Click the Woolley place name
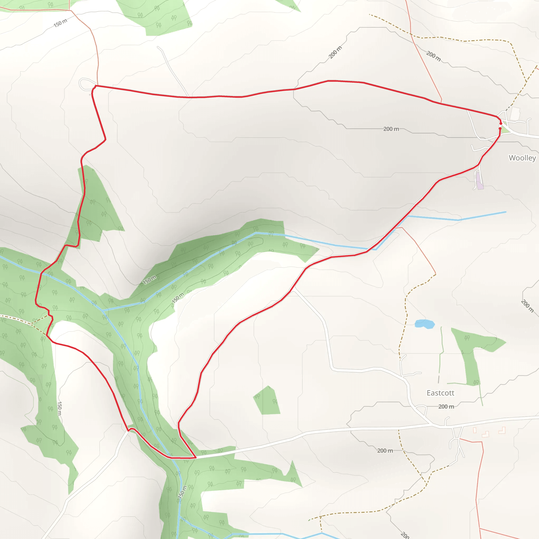(522, 158)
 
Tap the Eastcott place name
(440, 393)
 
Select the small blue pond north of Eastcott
(425, 324)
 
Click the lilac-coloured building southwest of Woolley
(480, 181)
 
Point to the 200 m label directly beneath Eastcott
(446, 406)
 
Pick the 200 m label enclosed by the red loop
(391, 129)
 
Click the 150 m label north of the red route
(61, 23)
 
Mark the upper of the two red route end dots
(501, 123)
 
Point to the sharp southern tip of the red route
(196, 457)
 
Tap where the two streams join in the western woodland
(103, 310)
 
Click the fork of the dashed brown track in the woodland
(32, 324)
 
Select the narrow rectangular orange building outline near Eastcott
(475, 430)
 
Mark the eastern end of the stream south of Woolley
(506, 212)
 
